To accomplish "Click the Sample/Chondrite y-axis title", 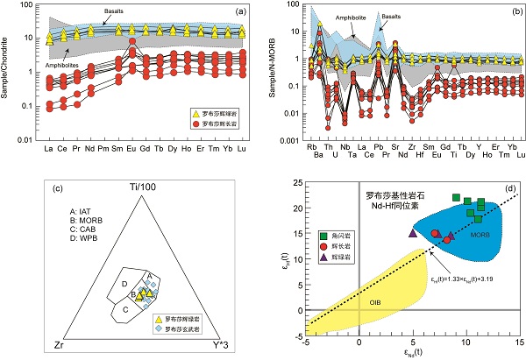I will pos(9,78).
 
